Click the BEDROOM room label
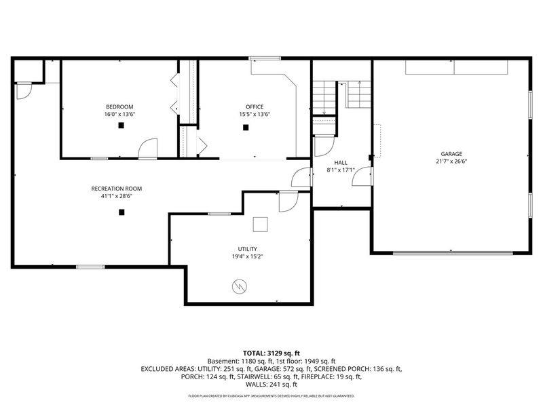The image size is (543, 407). click(x=119, y=106)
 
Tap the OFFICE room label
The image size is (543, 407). click(x=255, y=106)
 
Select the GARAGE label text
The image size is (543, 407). click(x=451, y=154)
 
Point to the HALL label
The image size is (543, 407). click(x=341, y=163)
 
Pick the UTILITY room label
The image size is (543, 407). click(x=246, y=249)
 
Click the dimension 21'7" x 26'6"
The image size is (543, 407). click(x=451, y=162)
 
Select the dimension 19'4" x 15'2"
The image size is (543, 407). click(x=246, y=257)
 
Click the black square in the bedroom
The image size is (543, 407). click(x=119, y=125)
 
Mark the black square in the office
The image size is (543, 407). click(x=246, y=125)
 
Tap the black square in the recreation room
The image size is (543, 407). click(x=121, y=212)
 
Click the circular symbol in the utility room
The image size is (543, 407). click(x=239, y=288)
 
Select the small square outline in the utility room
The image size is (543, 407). click(x=261, y=224)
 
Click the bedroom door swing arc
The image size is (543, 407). click(x=149, y=147)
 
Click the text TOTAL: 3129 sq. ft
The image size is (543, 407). click(x=271, y=353)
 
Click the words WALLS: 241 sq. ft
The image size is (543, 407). click(x=271, y=384)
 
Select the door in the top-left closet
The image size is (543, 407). click(x=24, y=90)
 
